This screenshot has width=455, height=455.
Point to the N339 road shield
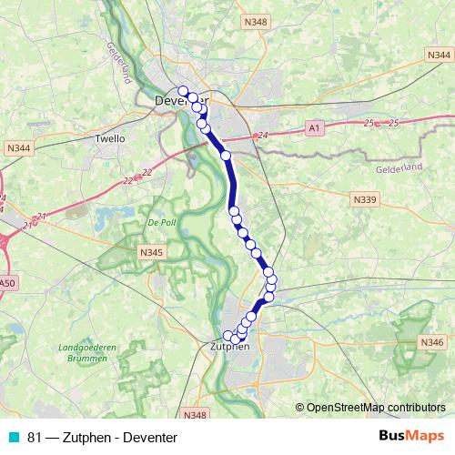[366, 197]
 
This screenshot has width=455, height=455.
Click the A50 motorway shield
[7, 284]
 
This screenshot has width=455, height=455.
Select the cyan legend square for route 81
[13, 438]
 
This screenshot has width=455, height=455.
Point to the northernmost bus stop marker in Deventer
[183, 90]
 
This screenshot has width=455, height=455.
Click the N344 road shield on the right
[438, 56]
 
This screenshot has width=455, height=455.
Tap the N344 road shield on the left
[17, 147]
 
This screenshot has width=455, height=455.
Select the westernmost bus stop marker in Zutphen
[228, 336]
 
